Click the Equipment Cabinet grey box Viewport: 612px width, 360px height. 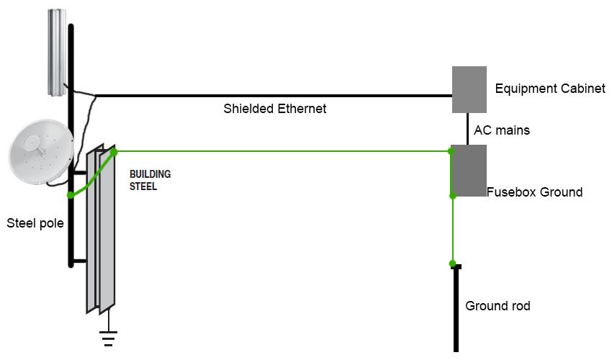tap(469, 89)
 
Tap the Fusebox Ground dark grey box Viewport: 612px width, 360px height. tap(469, 171)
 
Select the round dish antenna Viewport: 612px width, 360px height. tap(40, 152)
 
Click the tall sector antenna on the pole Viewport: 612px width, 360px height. tap(57, 53)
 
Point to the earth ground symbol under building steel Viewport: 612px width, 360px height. tap(108, 338)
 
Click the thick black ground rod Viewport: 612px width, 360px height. tap(456, 308)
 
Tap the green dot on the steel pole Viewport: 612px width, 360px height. tap(71, 195)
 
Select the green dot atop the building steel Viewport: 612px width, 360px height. tap(114, 152)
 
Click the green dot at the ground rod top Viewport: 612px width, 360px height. tap(452, 264)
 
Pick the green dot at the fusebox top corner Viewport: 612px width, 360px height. tap(451, 151)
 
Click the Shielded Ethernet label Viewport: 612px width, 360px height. tap(275, 109)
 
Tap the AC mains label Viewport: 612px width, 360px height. tap(502, 130)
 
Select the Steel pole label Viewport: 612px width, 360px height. tap(35, 223)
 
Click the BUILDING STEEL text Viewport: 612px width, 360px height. tap(150, 180)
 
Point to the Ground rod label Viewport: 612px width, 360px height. tap(498, 306)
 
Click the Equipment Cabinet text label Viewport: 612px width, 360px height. tap(550, 89)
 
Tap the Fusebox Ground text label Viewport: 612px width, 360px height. tap(534, 192)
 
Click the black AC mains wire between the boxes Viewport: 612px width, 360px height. tap(467, 129)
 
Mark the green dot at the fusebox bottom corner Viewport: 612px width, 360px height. tap(453, 196)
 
